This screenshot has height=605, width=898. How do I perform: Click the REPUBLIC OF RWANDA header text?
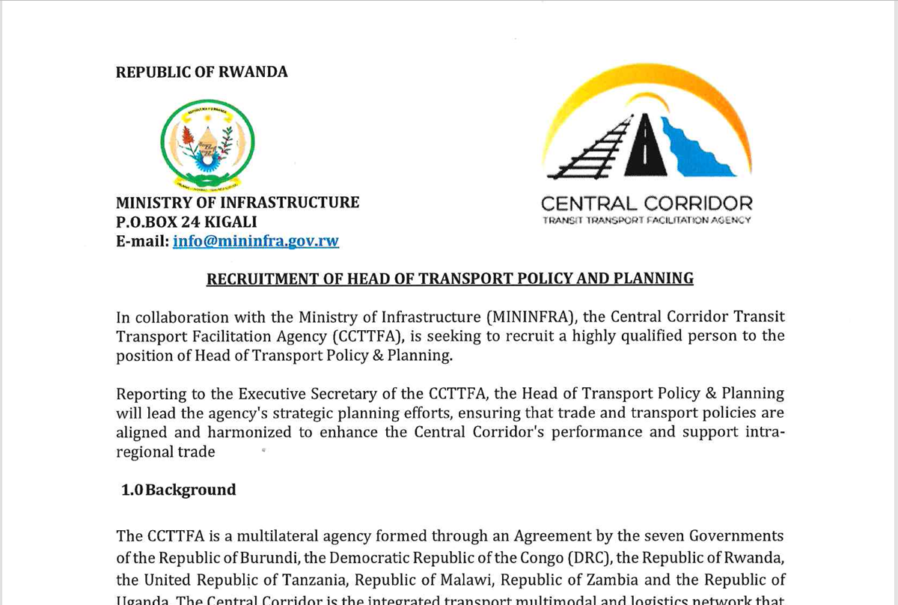click(201, 72)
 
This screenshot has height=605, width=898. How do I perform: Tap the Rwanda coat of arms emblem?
click(208, 145)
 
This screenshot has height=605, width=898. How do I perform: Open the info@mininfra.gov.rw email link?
click(256, 241)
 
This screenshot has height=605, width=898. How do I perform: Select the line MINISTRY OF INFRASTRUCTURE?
click(237, 202)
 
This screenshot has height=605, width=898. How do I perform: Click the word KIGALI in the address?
click(238, 222)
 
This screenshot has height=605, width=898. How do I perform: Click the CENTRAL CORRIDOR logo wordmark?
click(647, 203)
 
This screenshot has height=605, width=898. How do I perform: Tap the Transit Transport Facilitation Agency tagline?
click(647, 220)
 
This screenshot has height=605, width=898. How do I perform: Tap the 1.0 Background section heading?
click(179, 490)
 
